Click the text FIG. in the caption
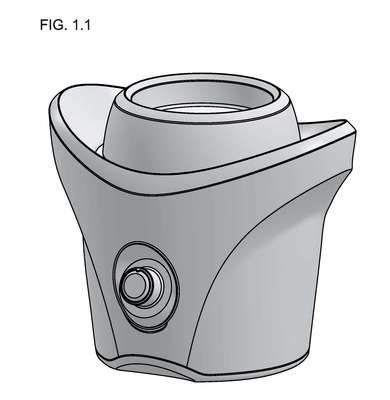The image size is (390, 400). [x=52, y=25]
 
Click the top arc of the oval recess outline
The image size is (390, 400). [x=143, y=243]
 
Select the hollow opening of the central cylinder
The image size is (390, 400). [x=203, y=97]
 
